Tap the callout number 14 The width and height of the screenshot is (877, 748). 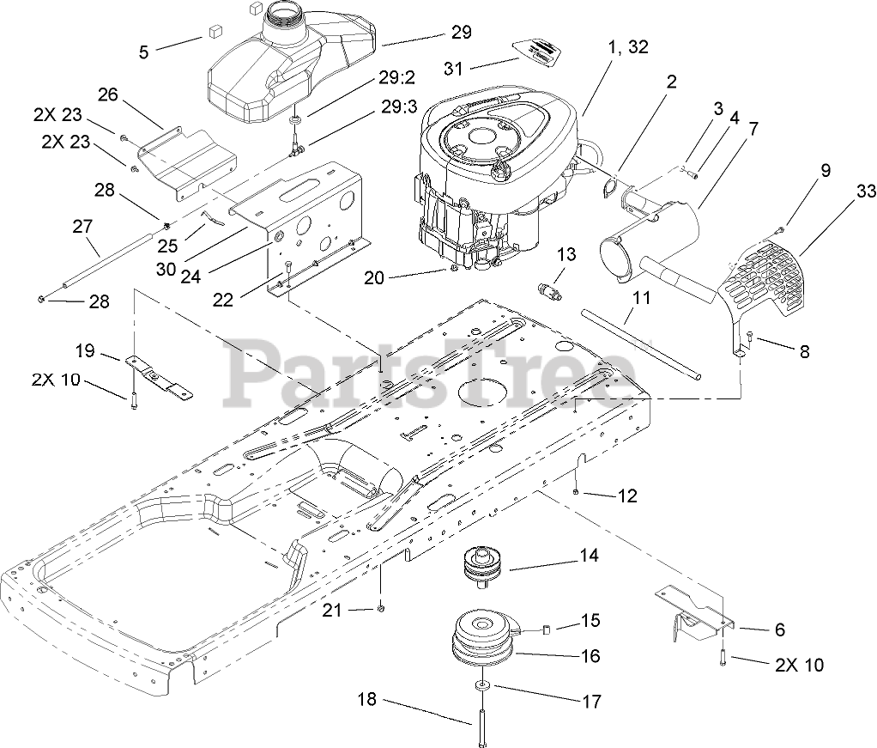588,556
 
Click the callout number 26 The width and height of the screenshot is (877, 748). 107,94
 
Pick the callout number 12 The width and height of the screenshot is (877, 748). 627,496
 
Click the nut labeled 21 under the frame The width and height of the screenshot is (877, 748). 381,609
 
